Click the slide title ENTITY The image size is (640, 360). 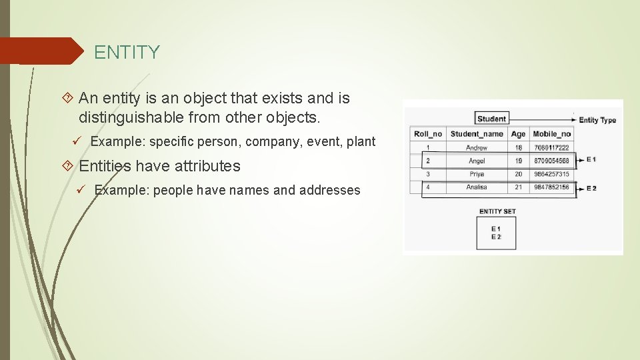point(127,52)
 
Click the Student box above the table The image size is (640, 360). point(491,119)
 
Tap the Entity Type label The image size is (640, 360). point(597,120)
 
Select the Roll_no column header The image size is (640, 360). point(427,134)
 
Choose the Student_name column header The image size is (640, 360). point(477,134)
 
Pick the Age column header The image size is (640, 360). point(518,134)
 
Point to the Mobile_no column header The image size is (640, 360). point(551,134)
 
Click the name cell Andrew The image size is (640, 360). point(477,147)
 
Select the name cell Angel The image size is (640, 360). point(477,161)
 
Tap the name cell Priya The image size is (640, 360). point(477,174)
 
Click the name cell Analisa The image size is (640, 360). point(477,187)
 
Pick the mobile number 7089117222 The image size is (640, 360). point(551,147)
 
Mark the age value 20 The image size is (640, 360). point(518,174)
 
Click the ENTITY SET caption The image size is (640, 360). point(497,211)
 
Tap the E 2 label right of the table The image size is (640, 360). point(591,188)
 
